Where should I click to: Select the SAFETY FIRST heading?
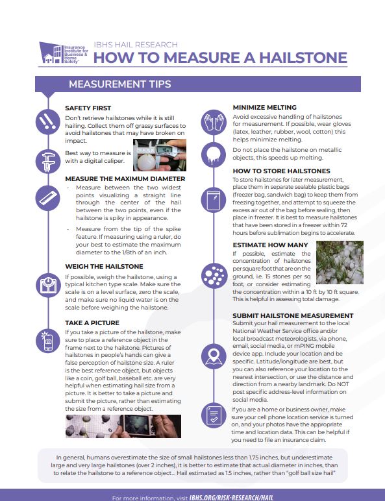coord(88,108)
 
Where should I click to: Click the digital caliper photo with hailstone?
coord(160,156)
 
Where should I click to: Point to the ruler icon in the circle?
coord(45,195)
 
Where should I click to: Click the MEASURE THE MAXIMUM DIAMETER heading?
coord(125,178)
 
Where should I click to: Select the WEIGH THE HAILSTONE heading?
coord(104,266)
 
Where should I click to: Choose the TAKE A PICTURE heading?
coord(92,322)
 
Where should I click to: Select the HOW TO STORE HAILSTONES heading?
coord(281,171)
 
